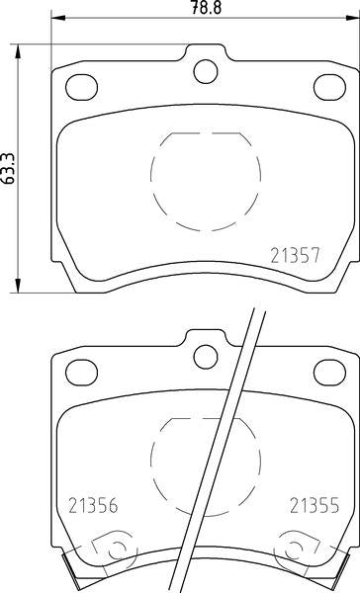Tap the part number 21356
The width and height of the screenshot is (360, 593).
(94, 503)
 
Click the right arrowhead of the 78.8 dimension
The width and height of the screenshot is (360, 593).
(350, 19)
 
